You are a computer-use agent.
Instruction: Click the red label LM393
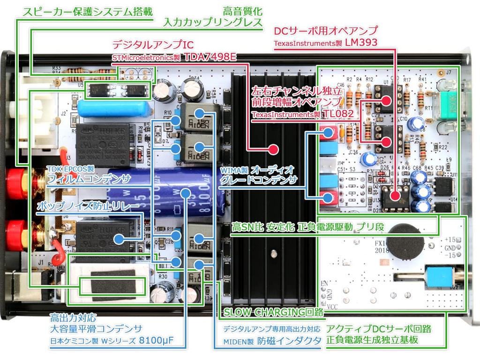(361, 43)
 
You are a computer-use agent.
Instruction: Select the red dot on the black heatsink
(271, 150)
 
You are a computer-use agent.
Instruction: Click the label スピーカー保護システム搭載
(84, 11)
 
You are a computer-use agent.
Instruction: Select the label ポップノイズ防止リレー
(88, 207)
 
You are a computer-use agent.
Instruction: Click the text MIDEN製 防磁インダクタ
(272, 341)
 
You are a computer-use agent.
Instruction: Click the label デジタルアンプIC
(152, 45)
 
